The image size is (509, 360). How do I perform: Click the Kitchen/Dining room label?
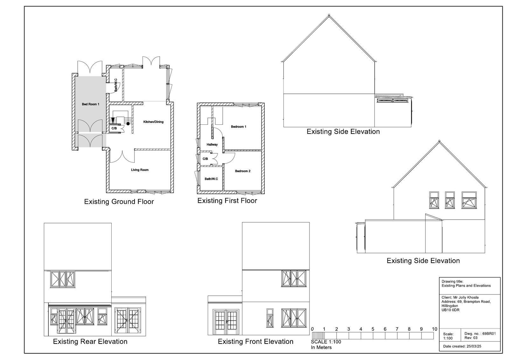pyautogui.click(x=153, y=122)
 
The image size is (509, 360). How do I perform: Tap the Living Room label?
pyautogui.click(x=140, y=170)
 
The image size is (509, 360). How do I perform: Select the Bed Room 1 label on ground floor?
pyautogui.click(x=91, y=104)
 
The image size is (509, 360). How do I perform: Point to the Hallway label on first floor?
pyautogui.click(x=212, y=145)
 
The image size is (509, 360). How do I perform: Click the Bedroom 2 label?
pyautogui.click(x=243, y=171)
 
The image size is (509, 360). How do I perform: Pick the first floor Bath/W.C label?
pyautogui.click(x=211, y=179)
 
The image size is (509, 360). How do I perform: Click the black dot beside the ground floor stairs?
pyautogui.click(x=128, y=124)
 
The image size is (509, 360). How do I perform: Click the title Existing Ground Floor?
pyautogui.click(x=119, y=202)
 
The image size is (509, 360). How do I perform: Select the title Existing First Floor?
pyautogui.click(x=227, y=201)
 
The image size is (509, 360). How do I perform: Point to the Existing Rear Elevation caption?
pyautogui.click(x=90, y=342)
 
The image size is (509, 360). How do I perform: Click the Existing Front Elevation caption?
pyautogui.click(x=256, y=342)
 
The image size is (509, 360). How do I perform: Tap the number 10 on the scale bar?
pyautogui.click(x=435, y=329)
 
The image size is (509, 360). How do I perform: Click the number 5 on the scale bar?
pyautogui.click(x=373, y=329)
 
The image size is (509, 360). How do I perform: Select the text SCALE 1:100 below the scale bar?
pyautogui.click(x=326, y=342)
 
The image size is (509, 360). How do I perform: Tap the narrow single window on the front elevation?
pyautogui.click(x=270, y=318)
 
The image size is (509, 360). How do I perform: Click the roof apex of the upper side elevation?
pyautogui.click(x=329, y=15)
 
